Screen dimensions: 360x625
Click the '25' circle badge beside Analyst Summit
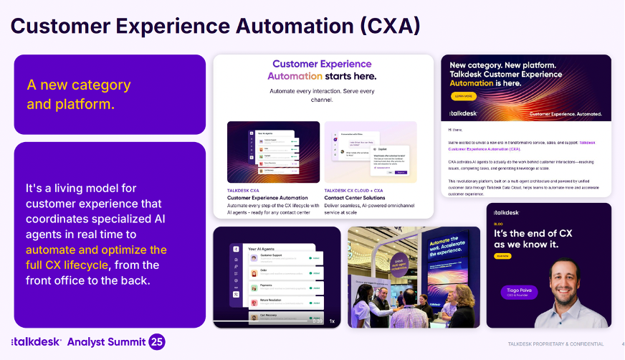pyautogui.click(x=156, y=341)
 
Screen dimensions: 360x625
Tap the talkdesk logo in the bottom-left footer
pyautogui.click(x=37, y=342)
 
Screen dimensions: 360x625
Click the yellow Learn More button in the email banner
pyautogui.click(x=463, y=96)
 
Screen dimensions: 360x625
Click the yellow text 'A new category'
pyautogui.click(x=79, y=85)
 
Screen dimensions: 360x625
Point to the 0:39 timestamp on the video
pyautogui.click(x=317, y=321)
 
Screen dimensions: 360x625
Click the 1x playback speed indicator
pyautogui.click(x=332, y=321)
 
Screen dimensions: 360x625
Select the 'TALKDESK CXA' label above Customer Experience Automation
pyautogui.click(x=244, y=190)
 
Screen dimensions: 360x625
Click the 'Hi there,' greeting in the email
pyautogui.click(x=459, y=131)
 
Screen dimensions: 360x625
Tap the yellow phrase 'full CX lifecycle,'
pyautogui.click(x=67, y=265)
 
